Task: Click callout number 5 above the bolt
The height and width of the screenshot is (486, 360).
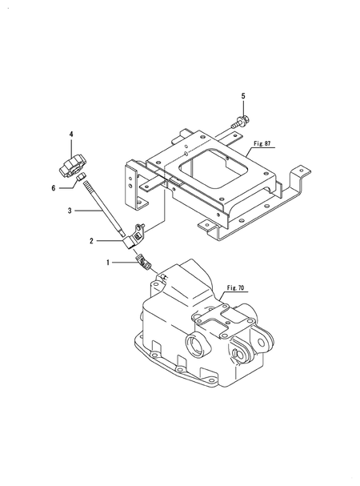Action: pos(243,96)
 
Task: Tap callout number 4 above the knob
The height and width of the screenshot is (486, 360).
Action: pos(71,135)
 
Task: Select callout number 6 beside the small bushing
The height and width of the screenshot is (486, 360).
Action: pos(54,188)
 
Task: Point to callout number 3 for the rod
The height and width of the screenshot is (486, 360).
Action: pos(70,211)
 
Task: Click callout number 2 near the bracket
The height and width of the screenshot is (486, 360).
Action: pos(91,241)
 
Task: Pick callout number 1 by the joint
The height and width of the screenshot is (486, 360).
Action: pos(108,263)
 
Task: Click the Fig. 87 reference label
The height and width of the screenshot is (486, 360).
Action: pos(262,143)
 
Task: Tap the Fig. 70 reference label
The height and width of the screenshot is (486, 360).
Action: pos(235,288)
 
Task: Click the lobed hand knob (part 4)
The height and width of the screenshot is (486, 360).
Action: pos(73,167)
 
